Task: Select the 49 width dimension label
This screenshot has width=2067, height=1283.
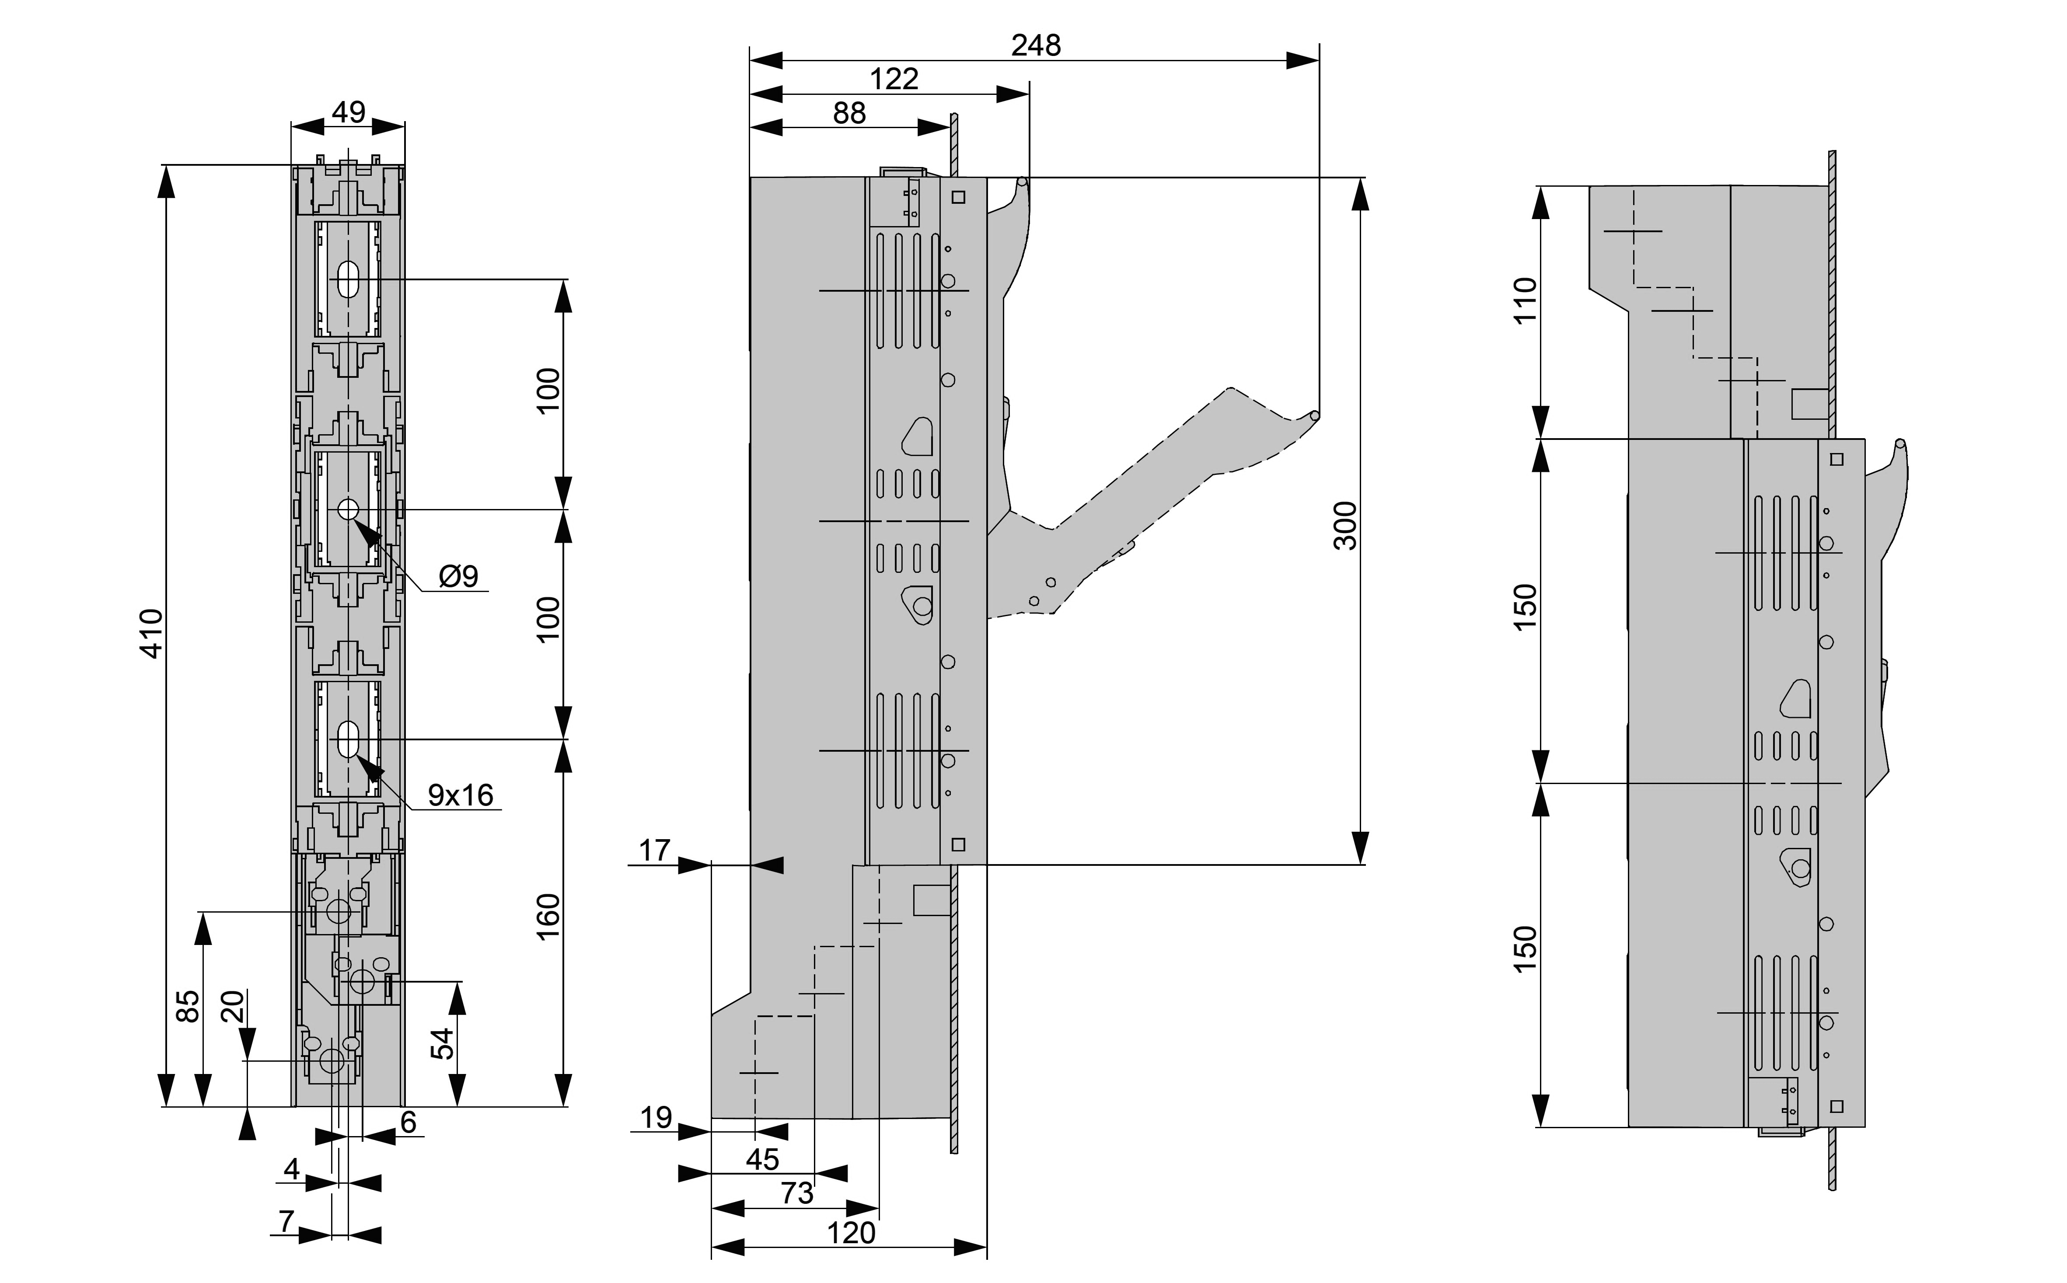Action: coord(348,112)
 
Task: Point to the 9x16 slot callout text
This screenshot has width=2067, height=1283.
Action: coord(460,795)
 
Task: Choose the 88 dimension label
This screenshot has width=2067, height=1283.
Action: coord(849,113)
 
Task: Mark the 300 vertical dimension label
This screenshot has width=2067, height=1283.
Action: coord(1345,526)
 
